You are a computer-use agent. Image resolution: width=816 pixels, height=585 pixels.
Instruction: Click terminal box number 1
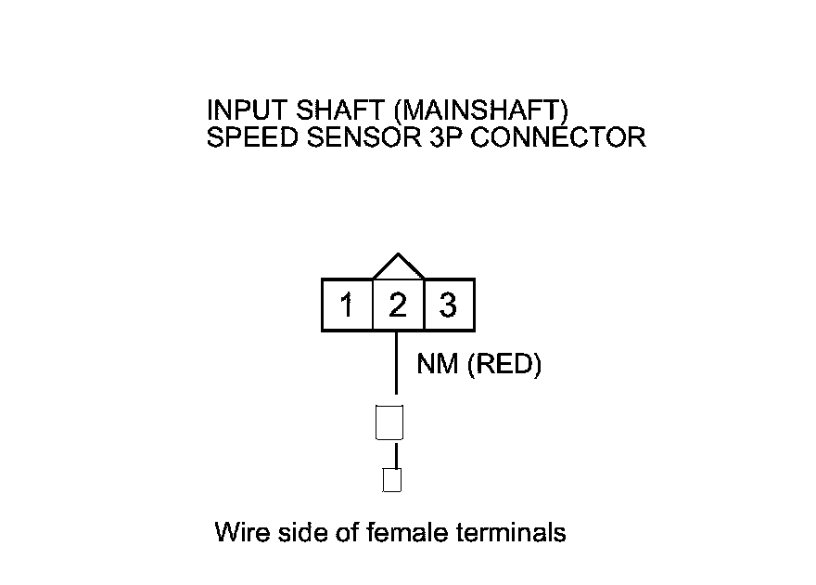click(x=347, y=305)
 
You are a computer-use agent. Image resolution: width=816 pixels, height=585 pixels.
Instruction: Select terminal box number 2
click(x=398, y=305)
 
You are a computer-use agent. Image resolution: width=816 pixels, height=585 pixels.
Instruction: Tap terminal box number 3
click(x=449, y=305)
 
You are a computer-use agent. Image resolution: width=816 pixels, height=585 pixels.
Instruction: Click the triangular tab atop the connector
click(x=398, y=267)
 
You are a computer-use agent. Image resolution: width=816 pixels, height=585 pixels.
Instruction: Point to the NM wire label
click(x=438, y=365)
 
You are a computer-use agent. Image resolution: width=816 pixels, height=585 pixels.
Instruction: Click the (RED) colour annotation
click(x=504, y=365)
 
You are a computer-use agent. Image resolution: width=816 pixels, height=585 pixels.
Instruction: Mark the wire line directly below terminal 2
click(x=397, y=362)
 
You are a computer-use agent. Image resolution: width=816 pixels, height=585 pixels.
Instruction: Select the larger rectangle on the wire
click(x=389, y=422)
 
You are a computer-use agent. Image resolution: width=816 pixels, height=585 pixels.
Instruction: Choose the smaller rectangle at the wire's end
click(x=392, y=480)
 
